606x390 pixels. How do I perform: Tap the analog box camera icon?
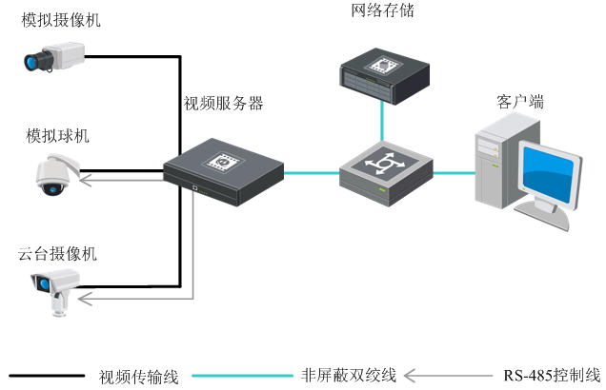pyautogui.click(x=52, y=59)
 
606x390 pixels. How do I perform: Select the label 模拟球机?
pyautogui.click(x=58, y=135)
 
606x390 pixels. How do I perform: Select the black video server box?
pyautogui.click(x=224, y=171)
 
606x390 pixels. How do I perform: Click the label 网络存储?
pyautogui.click(x=383, y=11)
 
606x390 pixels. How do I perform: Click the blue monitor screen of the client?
pyautogui.click(x=551, y=177)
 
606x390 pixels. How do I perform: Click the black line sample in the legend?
pyautogui.click(x=48, y=376)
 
